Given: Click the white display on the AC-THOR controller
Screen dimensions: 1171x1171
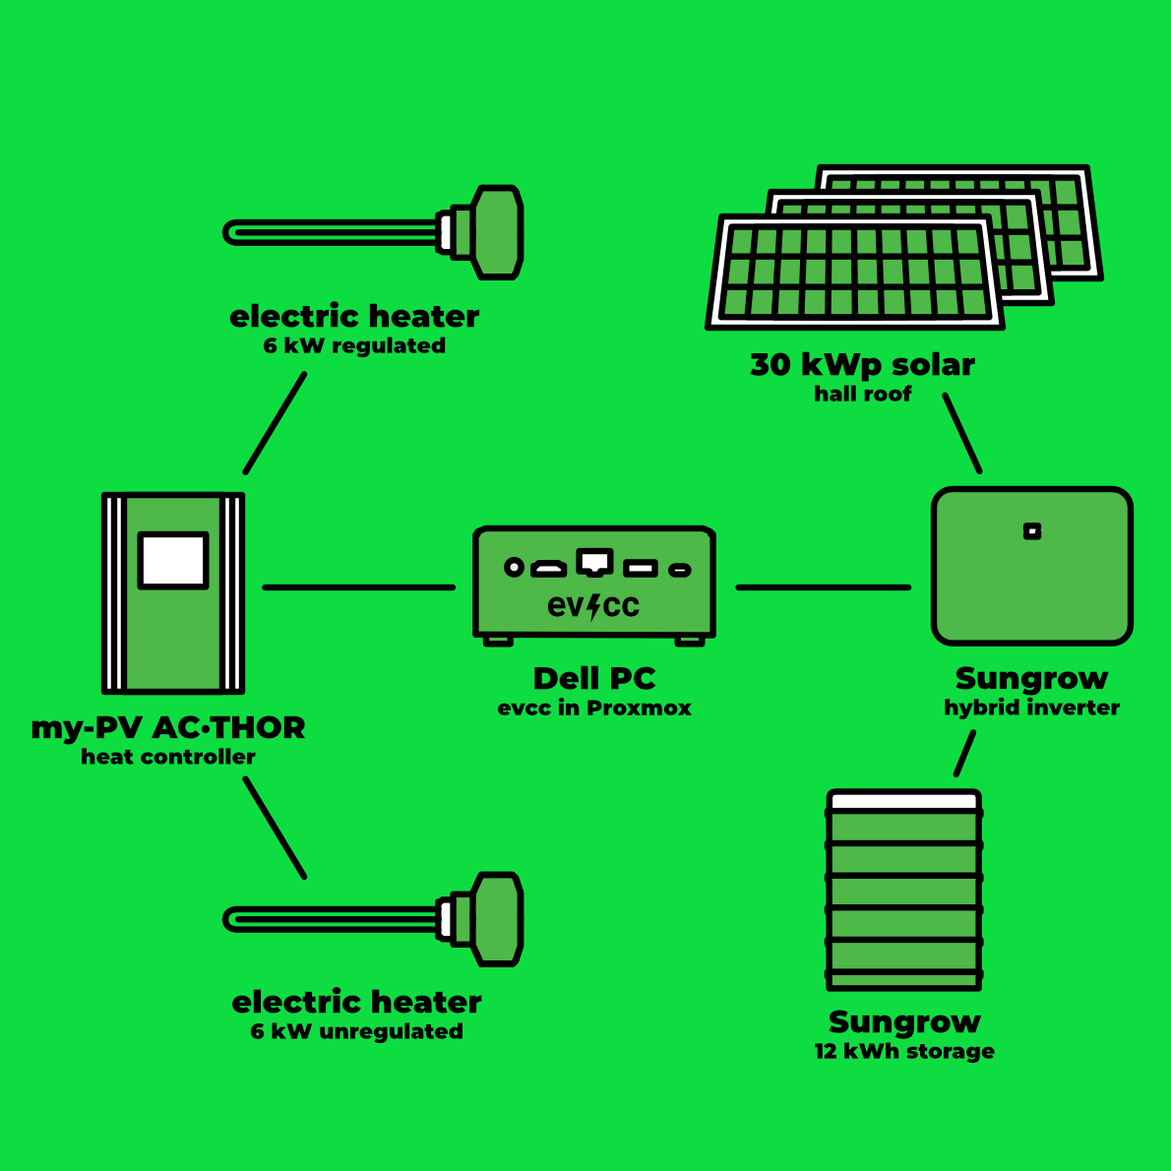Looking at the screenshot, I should (173, 560).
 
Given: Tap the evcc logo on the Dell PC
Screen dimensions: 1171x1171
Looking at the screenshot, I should (593, 606).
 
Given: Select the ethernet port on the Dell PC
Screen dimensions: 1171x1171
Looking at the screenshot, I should (594, 562).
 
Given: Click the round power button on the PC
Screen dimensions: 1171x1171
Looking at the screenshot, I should (514, 567).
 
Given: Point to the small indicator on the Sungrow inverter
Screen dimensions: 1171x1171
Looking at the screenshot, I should (1032, 531).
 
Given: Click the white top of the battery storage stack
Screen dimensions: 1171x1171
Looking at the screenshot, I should (904, 801).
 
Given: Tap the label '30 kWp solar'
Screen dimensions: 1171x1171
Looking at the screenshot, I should (862, 365).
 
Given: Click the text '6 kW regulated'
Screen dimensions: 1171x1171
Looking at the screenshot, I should (354, 346).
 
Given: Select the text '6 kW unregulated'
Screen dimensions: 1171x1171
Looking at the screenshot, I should (356, 1032).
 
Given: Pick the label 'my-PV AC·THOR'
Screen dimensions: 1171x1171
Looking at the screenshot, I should (168, 728).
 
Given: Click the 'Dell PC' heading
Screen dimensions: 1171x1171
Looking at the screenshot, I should (594, 679).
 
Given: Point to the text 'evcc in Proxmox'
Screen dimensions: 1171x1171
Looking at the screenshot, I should (594, 709).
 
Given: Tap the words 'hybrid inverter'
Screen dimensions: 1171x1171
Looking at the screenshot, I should (1031, 708).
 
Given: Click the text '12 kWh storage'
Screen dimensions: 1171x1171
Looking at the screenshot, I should (904, 1052).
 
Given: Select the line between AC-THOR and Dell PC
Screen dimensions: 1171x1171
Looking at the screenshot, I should (359, 587).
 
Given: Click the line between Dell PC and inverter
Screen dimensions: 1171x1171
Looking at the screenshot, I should (823, 587).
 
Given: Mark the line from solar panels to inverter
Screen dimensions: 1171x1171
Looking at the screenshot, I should (962, 434).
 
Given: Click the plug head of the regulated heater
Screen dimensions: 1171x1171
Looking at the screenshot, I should (497, 231).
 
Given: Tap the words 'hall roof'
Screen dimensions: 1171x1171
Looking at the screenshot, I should (862, 395).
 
